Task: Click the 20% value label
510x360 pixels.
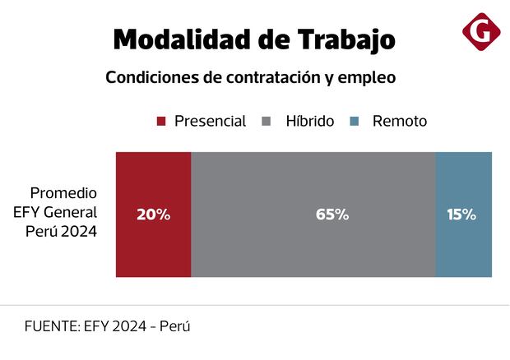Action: [x=154, y=215]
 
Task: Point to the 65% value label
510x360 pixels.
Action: [x=332, y=215]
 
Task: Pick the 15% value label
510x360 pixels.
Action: [x=461, y=215]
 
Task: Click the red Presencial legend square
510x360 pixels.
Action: [x=161, y=122]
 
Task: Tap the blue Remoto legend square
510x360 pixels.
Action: [x=353, y=122]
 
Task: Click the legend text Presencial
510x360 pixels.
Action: [x=210, y=122]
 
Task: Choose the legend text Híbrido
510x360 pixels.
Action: [x=309, y=122]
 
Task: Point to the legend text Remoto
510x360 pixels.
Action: [x=400, y=122]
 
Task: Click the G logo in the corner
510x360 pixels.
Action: [x=481, y=32]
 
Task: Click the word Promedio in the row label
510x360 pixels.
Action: [x=63, y=193]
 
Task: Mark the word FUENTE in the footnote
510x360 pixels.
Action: [x=51, y=325]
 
